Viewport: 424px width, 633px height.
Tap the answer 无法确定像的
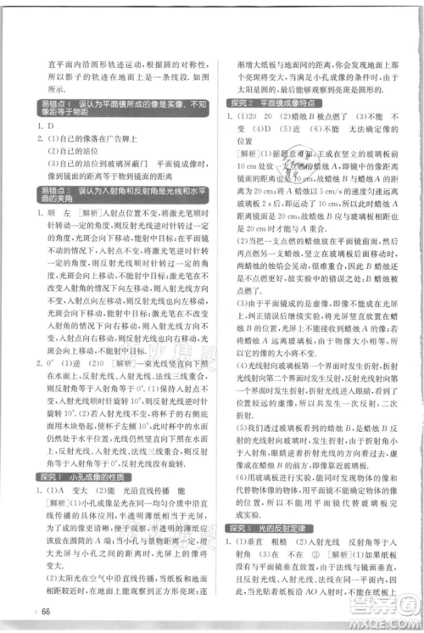point(364,129)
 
